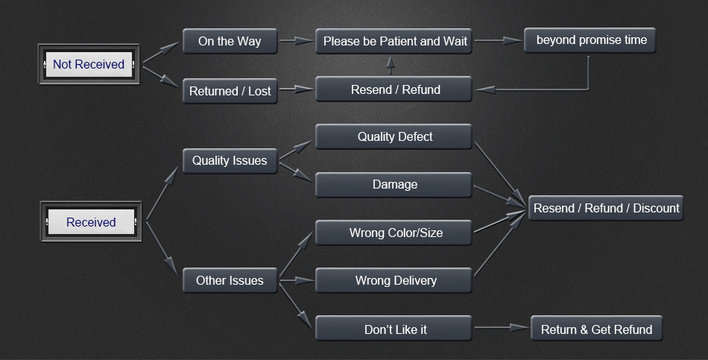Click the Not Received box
(89, 64)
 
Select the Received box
(91, 221)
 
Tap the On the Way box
(230, 41)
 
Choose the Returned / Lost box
(230, 92)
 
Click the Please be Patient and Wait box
(394, 41)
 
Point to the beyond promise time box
(590, 40)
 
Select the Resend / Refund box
(394, 89)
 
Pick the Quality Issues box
(230, 160)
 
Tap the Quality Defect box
(394, 136)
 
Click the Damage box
(394, 184)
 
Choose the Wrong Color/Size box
(394, 233)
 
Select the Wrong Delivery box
(394, 280)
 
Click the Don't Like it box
(394, 329)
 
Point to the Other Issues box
(230, 280)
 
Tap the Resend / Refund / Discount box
(606, 208)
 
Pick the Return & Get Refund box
(596, 329)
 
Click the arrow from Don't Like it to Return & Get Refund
(501, 327)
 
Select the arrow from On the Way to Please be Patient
(296, 41)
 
